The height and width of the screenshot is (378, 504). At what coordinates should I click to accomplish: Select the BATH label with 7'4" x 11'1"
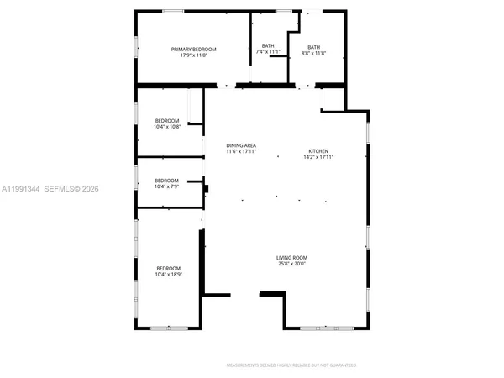[268, 45]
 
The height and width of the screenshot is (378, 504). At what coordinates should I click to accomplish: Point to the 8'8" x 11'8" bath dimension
[313, 52]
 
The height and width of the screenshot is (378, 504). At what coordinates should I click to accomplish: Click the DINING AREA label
[241, 146]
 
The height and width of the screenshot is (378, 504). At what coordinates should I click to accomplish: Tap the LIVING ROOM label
[292, 257]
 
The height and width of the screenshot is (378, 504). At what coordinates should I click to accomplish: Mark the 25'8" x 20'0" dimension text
[292, 263]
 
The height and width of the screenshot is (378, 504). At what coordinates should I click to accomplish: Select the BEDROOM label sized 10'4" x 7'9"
[166, 180]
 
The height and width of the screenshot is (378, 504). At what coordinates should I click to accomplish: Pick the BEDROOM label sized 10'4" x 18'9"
[168, 268]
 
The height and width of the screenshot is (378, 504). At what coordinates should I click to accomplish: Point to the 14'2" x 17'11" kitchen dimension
[319, 158]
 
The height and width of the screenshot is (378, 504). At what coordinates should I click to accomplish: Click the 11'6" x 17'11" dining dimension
[241, 152]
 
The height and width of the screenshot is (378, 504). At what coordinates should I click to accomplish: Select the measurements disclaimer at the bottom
[291, 365]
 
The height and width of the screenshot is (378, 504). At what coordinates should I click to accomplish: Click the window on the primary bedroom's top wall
[173, 11]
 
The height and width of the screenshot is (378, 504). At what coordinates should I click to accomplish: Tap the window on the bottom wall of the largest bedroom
[168, 328]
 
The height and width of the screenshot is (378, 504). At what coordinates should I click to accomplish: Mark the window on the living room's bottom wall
[328, 328]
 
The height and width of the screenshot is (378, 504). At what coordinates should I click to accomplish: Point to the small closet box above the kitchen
[333, 99]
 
